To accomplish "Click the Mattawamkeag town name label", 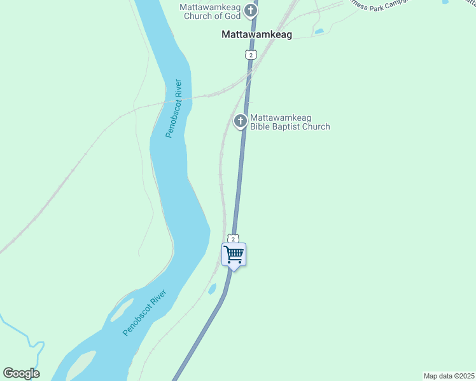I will coord(256,35).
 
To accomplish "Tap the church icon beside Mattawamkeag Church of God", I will coord(251,10).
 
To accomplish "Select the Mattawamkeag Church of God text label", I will coord(211,11).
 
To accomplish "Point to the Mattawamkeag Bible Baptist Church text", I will coord(290,122).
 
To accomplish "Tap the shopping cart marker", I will coord(234,255).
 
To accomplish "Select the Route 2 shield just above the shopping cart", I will coord(234,239).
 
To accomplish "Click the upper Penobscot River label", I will coord(174,109).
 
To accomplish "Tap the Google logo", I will coord(21,373).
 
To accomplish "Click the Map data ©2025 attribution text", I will coord(449,376).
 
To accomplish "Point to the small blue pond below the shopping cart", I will coord(212,289).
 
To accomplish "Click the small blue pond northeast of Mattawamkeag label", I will coord(319,30).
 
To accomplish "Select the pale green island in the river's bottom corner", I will coord(80,366).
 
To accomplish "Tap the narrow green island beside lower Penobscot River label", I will coord(121,310).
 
